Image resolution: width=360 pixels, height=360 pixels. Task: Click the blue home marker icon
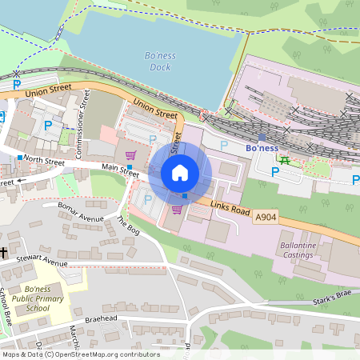click(180, 172)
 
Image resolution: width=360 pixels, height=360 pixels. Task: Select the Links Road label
click(231, 208)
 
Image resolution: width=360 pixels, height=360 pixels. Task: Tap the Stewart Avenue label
click(44, 261)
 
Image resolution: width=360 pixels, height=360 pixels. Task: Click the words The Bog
click(128, 230)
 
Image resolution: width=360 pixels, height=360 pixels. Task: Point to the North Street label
click(44, 160)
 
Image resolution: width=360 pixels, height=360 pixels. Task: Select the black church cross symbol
click(4, 253)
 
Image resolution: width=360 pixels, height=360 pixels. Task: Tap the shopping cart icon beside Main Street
click(130, 154)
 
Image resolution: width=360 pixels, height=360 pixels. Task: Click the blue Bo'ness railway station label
click(262, 149)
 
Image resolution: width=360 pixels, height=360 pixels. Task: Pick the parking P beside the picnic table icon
click(275, 172)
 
